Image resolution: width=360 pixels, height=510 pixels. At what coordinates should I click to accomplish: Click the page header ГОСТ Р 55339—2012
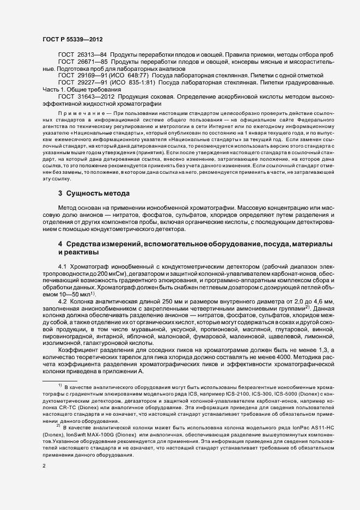[72, 39]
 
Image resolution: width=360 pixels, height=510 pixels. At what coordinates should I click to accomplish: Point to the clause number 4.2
[62, 300]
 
